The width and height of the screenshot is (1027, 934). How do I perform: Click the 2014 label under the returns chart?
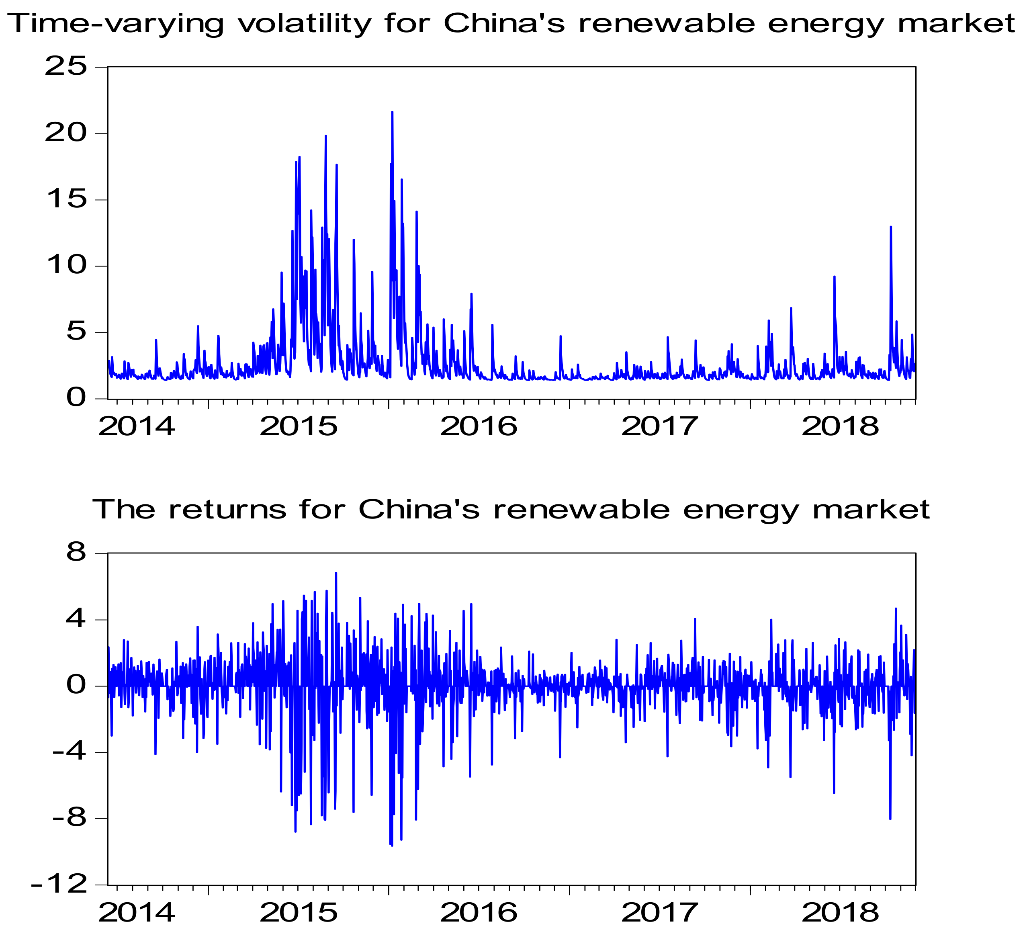(137, 913)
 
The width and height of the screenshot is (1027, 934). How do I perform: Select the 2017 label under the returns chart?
(659, 913)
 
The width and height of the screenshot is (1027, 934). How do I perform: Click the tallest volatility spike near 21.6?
(392, 112)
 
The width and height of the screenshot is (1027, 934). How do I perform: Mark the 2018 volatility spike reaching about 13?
(890, 227)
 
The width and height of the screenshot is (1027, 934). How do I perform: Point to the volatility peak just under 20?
(325, 136)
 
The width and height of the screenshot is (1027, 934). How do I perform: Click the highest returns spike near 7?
(336, 573)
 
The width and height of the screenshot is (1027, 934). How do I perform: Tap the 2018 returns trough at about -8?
(890, 818)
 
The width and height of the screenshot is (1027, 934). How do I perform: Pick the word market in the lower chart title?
(871, 510)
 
